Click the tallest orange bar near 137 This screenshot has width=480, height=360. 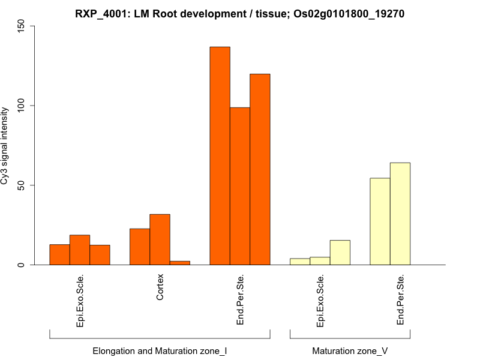[x=220, y=155]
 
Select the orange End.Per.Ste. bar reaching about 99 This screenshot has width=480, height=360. [x=240, y=186]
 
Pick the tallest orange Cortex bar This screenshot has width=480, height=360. [x=160, y=239]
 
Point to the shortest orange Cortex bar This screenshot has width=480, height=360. [x=180, y=263]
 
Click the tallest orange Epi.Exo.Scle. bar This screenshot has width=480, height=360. [x=80, y=250]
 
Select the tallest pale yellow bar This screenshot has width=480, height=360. [x=400, y=214]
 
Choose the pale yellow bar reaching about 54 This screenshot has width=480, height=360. [x=380, y=221]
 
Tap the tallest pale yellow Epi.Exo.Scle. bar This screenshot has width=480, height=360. [x=340, y=253]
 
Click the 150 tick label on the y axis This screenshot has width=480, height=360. [x=22, y=26]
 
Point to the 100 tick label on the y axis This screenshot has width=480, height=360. [x=22, y=106]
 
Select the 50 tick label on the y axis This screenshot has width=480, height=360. [x=22, y=185]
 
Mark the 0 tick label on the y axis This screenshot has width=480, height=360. [x=22, y=265]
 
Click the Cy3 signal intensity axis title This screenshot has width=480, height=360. [x=5, y=146]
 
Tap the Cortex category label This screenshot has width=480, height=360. [x=160, y=287]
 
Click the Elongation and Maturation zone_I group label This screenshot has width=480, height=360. [x=160, y=350]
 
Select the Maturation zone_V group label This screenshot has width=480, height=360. [x=350, y=350]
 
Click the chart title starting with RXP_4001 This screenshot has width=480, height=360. [x=240, y=13]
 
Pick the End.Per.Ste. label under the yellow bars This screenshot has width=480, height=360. [x=400, y=300]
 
